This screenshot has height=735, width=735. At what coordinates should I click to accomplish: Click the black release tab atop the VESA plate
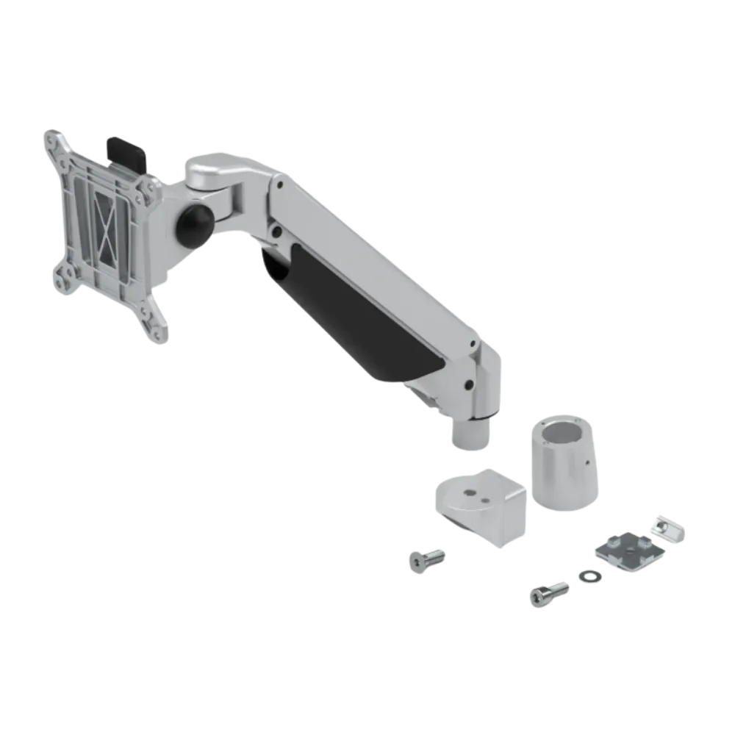tap(126, 149)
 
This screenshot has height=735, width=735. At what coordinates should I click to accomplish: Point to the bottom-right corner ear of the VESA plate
tap(157, 329)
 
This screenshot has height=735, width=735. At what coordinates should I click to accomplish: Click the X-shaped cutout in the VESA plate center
tap(107, 234)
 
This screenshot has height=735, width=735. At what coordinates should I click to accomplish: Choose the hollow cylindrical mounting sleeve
tap(564, 463)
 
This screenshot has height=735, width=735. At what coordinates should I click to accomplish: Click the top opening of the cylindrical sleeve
tap(564, 431)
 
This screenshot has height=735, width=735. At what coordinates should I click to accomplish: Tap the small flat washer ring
tap(588, 576)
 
